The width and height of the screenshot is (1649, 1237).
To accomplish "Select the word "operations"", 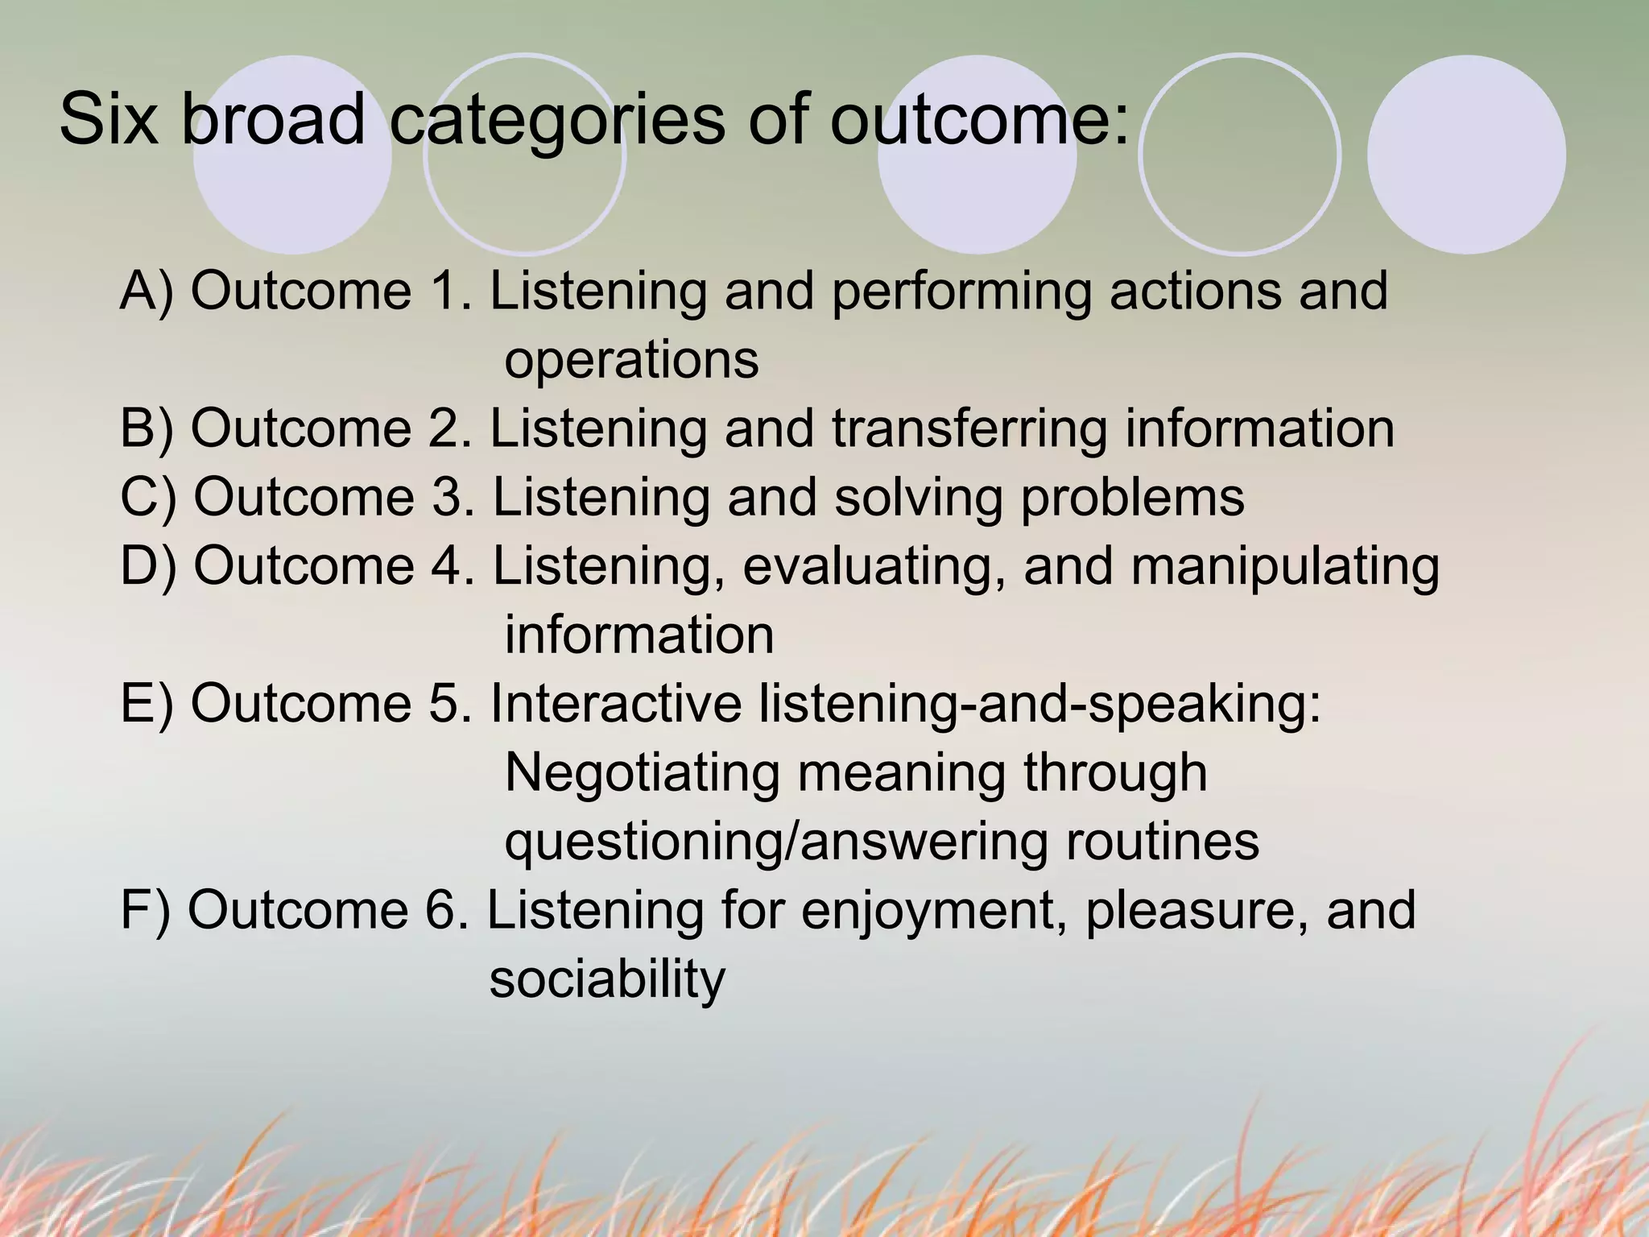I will click(x=631, y=360).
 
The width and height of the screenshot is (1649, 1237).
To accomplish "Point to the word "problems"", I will click(x=1133, y=498).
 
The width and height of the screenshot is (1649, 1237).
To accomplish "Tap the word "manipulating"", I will click(x=1285, y=567).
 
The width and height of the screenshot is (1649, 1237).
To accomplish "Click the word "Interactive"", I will click(x=616, y=703).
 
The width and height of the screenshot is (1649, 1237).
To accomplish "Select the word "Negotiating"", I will click(x=643, y=772).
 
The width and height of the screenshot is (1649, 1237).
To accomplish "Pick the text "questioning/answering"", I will click(x=776, y=842).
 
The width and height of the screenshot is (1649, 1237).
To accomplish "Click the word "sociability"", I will click(x=607, y=980).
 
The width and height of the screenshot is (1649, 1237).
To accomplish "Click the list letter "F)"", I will click(x=145, y=911).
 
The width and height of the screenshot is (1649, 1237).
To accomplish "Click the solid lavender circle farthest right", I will click(x=1466, y=155).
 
